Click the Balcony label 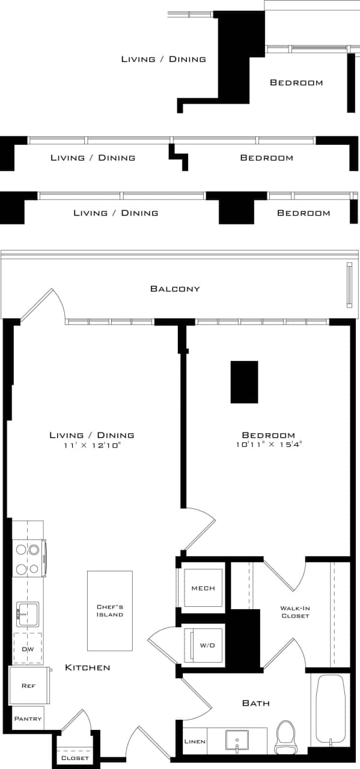pyautogui.click(x=175, y=289)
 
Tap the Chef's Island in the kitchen pyautogui.click(x=110, y=610)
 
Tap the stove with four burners pyautogui.click(x=28, y=559)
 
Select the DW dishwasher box pyautogui.click(x=28, y=649)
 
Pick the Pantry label pyautogui.click(x=28, y=719)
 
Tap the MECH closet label pyautogui.click(x=203, y=588)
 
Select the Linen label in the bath pyautogui.click(x=195, y=741)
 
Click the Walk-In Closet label pyautogui.click(x=295, y=612)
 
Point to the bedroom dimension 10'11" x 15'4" pyautogui.click(x=268, y=445)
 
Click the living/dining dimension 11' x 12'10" pyautogui.click(x=92, y=445)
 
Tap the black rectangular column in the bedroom pyautogui.click(x=244, y=382)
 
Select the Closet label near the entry pyautogui.click(x=75, y=758)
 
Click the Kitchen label pyautogui.click(x=88, y=667)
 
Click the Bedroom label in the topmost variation pyautogui.click(x=296, y=83)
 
